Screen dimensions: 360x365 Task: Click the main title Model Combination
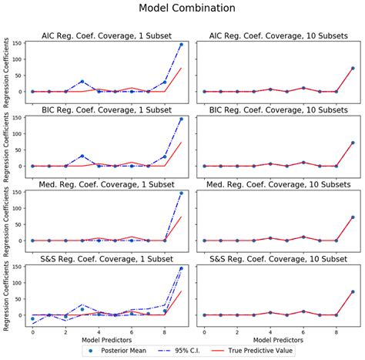182,8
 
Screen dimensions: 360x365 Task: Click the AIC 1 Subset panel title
106,35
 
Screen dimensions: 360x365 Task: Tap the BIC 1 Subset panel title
106,109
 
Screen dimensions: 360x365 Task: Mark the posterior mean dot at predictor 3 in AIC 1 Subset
82,82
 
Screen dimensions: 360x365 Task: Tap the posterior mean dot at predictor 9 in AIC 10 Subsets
353,69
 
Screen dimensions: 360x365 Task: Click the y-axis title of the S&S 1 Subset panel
7,294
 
